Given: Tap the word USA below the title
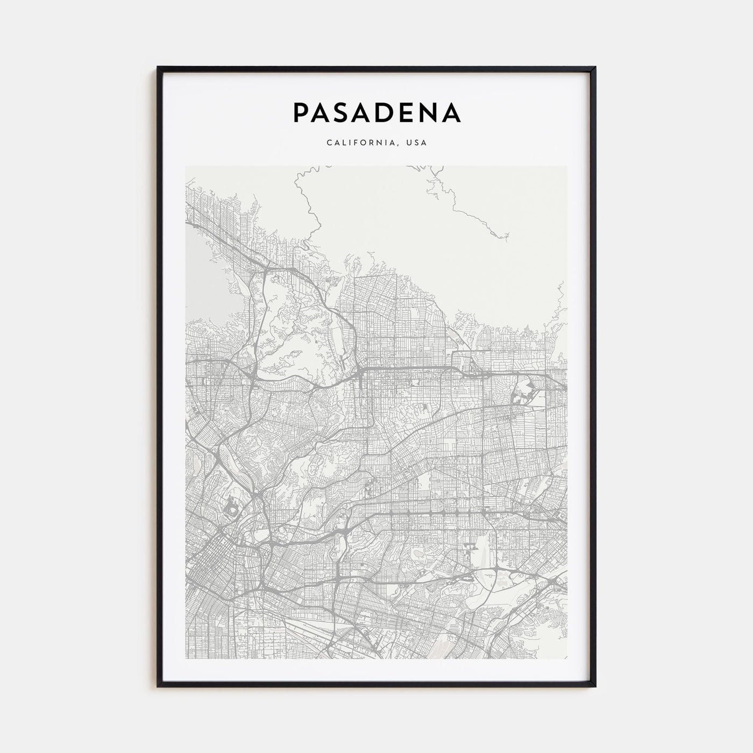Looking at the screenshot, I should coord(417,143).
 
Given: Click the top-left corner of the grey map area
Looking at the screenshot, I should coord(186,166).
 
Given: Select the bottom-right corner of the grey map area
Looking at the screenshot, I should coord(567,659).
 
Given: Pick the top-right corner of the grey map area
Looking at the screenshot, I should coord(567,166).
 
